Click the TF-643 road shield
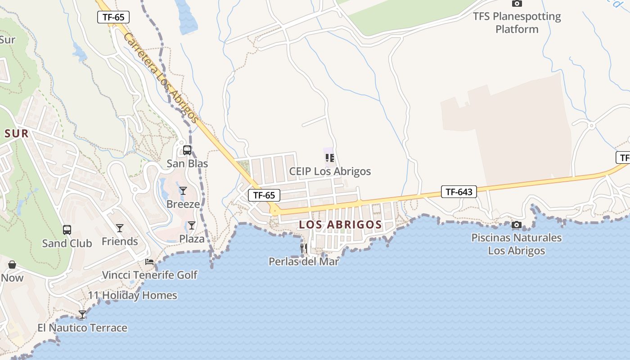[x=459, y=192]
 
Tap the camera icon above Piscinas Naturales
[x=517, y=225]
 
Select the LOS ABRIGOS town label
[x=341, y=225]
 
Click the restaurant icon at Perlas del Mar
[x=304, y=248]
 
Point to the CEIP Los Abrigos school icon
[x=330, y=158]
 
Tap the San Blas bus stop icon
[x=187, y=150]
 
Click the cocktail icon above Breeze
[x=183, y=191]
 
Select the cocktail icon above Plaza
[x=192, y=225]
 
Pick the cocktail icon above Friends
[x=120, y=228]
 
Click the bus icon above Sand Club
[x=67, y=230]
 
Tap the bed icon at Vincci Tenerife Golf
[x=149, y=262]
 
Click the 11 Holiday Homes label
[x=132, y=296]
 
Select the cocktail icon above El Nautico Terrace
[x=82, y=315]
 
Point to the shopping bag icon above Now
[x=12, y=265]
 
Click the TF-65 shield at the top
[x=113, y=18]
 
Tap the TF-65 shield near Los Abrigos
[x=264, y=195]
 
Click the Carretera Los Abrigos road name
[x=161, y=78]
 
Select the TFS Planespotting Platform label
[x=517, y=23]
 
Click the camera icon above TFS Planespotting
[x=517, y=4]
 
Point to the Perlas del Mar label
[x=304, y=261]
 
